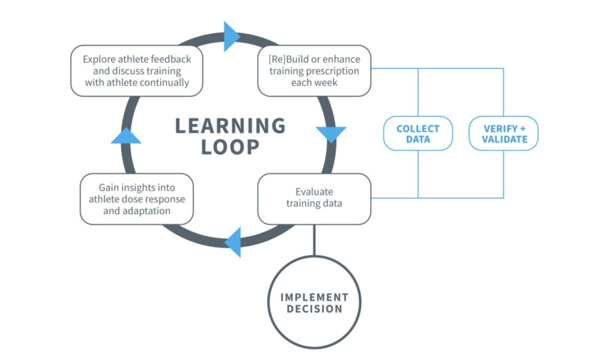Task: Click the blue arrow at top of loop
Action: tap(231, 36)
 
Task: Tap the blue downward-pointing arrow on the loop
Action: tap(331, 134)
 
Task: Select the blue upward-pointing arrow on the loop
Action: tap(126, 135)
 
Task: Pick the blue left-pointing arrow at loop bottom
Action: tap(234, 242)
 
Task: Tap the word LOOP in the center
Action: tap(230, 147)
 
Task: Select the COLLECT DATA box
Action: tap(418, 133)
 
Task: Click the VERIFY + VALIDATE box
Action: tap(503, 133)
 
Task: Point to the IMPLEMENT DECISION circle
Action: tap(314, 302)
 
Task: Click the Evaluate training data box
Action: tap(314, 198)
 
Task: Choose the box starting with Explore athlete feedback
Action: tap(137, 71)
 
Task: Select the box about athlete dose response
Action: tap(137, 199)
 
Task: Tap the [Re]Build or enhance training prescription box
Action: tap(314, 71)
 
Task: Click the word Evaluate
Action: tap(314, 192)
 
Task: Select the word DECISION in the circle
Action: tap(314, 309)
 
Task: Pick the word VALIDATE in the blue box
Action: tap(503, 139)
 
